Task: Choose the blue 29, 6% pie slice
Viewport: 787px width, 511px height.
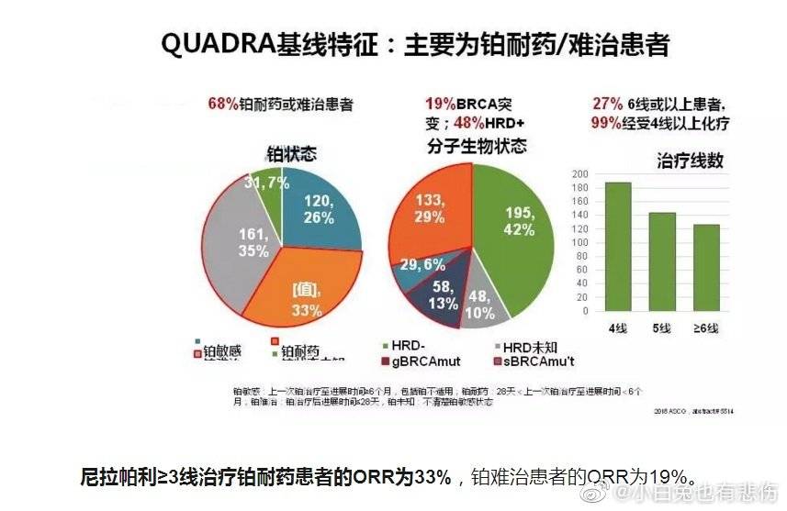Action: point(422,265)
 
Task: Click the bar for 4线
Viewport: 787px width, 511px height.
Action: point(617,247)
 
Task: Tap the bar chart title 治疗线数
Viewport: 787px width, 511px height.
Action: point(690,160)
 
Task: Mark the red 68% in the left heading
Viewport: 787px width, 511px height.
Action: point(224,105)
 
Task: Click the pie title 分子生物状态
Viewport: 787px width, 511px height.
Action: point(477,147)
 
